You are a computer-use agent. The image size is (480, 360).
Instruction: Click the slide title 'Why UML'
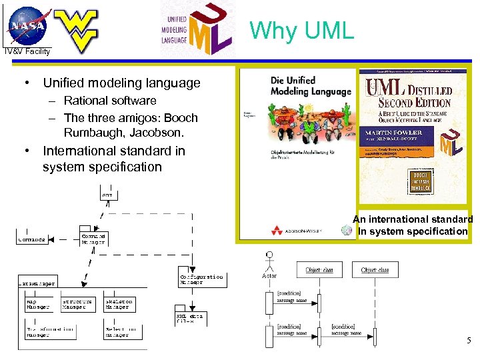click(302, 30)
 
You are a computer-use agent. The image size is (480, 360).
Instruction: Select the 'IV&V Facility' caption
click(27, 51)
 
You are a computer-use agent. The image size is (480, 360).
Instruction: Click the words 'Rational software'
click(110, 101)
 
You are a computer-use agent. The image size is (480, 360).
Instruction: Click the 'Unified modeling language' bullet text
click(121, 83)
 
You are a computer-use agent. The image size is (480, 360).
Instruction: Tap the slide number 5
click(469, 341)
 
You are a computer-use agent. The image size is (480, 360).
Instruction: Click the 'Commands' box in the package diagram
click(31, 239)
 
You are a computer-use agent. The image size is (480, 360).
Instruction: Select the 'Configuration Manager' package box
click(201, 279)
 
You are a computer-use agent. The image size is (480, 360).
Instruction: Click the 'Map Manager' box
click(37, 304)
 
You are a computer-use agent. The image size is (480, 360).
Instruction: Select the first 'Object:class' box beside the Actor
click(319, 270)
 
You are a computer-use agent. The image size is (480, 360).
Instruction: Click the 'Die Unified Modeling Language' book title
click(310, 86)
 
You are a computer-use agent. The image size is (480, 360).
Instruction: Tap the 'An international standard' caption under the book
click(413, 219)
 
